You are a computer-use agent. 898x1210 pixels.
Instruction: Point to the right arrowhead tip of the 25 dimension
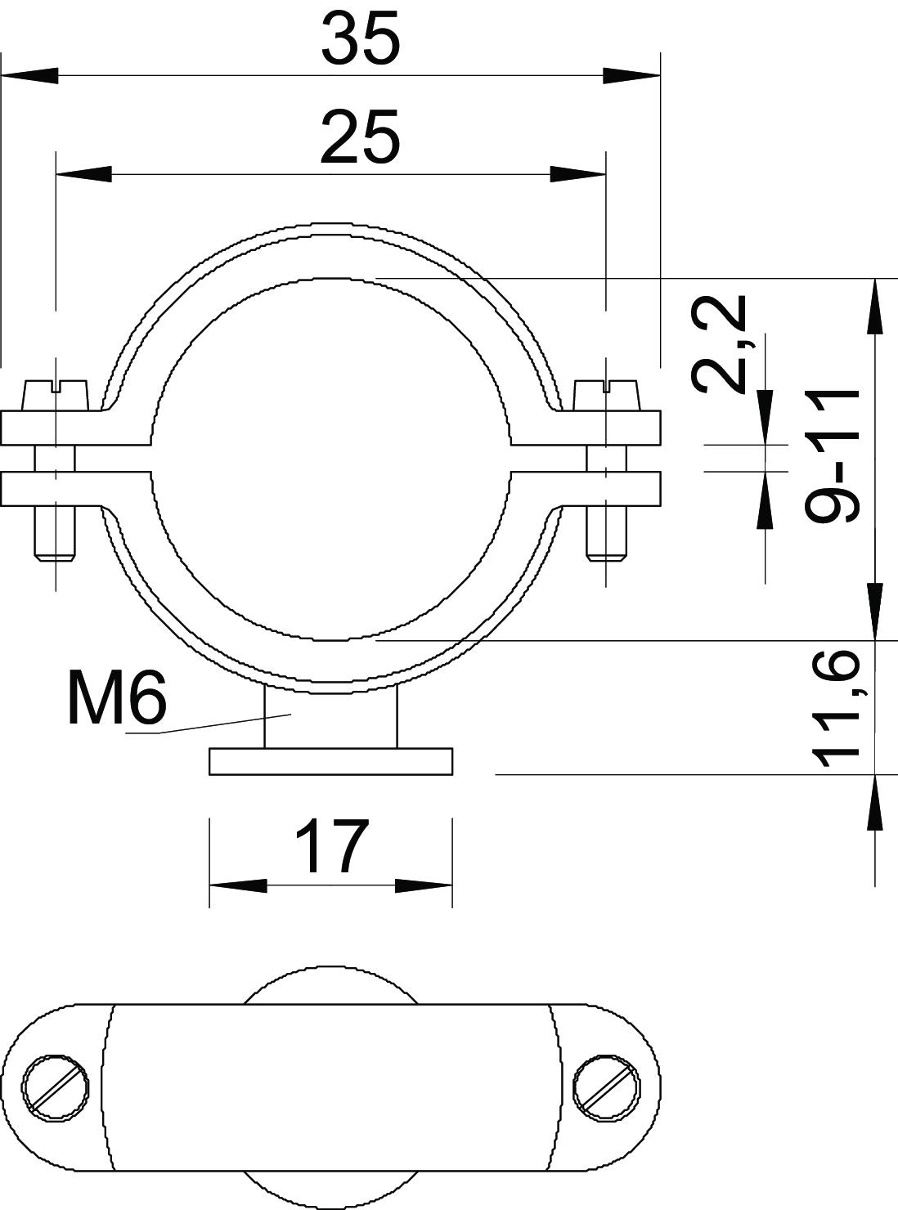(x=606, y=174)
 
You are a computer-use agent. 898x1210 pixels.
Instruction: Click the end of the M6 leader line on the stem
(x=291, y=714)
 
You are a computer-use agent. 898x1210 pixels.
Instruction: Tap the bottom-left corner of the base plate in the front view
(x=209, y=774)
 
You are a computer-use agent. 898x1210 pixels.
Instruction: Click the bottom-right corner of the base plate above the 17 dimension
(x=452, y=774)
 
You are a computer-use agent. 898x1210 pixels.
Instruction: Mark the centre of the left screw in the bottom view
(x=56, y=1068)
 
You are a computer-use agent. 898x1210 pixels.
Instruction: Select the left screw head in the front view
(x=55, y=395)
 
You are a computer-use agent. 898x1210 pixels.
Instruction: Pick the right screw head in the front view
(x=607, y=395)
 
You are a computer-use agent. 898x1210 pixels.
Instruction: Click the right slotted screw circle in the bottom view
(x=607, y=1068)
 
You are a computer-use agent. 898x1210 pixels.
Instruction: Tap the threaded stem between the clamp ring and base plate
(x=330, y=719)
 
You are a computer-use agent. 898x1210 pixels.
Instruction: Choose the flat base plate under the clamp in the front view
(x=330, y=762)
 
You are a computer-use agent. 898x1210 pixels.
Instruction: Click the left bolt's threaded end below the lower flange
(x=55, y=534)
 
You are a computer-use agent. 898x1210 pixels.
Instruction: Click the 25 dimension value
(x=361, y=137)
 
